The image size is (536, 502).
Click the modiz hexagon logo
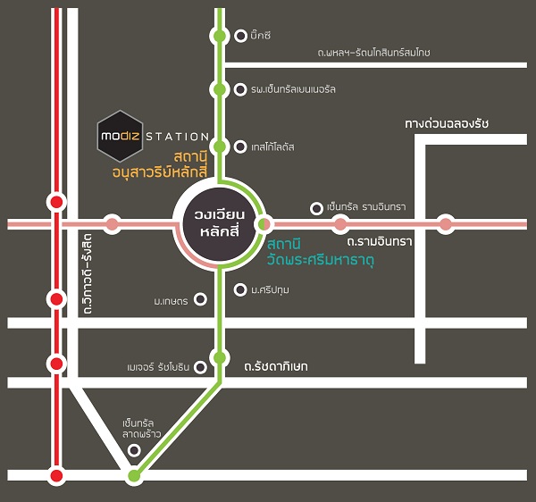tap(120, 136)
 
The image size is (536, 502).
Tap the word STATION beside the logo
tap(178, 137)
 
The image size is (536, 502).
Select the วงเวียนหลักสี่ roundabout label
tap(220, 223)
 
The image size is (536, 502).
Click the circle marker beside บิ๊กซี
tap(240, 36)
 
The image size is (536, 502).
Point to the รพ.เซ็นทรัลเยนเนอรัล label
tap(293, 89)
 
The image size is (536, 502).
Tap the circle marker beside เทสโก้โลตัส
tap(240, 147)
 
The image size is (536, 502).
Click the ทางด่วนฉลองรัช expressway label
tap(447, 123)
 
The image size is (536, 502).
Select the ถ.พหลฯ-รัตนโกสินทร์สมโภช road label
tap(373, 53)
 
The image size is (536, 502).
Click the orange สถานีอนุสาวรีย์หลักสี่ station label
tap(160, 165)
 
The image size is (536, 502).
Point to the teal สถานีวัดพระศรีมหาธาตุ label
tap(321, 253)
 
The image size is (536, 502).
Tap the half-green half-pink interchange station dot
tap(264, 224)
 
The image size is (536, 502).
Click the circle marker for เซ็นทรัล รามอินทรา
tap(316, 208)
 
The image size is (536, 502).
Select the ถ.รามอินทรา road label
tap(380, 242)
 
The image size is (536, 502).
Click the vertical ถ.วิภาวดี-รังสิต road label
tap(88, 273)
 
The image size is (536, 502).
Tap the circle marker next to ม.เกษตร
tap(200, 299)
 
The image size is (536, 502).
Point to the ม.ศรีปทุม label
tap(270, 290)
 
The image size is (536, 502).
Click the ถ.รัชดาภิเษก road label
tap(276, 367)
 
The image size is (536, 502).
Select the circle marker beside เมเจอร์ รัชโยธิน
tap(200, 368)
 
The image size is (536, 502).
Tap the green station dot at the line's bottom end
tap(134, 475)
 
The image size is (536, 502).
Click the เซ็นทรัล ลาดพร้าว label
tap(141, 429)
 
